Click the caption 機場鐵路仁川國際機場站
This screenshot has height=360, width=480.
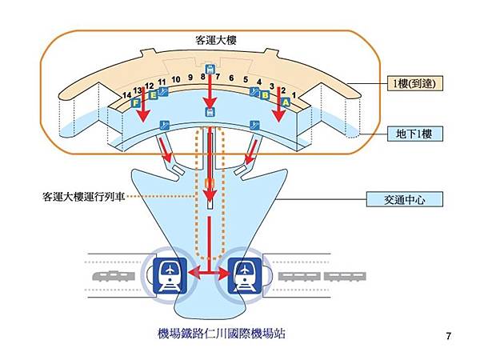coord(221,334)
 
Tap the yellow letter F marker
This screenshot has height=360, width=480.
coord(136,102)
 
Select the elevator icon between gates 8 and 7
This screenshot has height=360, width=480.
coord(210,69)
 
